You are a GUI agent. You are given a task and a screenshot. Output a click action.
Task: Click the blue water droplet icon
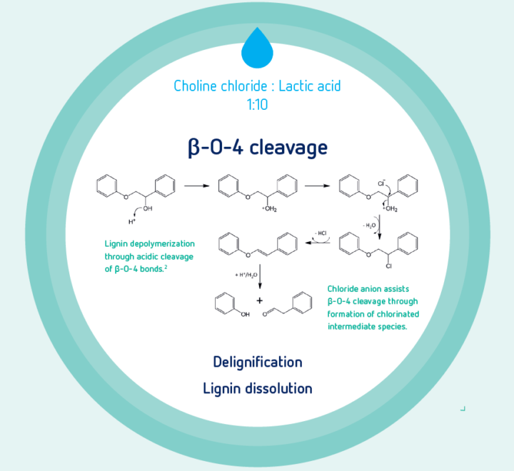pyautogui.click(x=257, y=49)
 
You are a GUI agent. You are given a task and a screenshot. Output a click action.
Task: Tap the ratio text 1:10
pyautogui.click(x=257, y=105)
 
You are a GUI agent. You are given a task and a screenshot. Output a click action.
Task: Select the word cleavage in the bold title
pyautogui.click(x=288, y=148)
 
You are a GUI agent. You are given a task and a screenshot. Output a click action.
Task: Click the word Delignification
pyautogui.click(x=258, y=363)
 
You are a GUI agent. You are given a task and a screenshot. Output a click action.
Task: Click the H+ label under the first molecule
pyautogui.click(x=132, y=222)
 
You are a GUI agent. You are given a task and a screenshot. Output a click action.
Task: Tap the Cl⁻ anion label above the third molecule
pyautogui.click(x=381, y=183)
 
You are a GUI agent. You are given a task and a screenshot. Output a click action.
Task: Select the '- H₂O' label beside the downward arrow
pyautogui.click(x=369, y=226)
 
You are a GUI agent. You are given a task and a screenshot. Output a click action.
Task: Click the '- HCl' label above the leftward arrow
pyautogui.click(x=321, y=233)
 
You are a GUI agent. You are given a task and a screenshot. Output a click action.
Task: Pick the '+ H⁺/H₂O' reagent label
pyautogui.click(x=246, y=275)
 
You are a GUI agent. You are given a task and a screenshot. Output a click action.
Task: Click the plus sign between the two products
pyautogui.click(x=260, y=300)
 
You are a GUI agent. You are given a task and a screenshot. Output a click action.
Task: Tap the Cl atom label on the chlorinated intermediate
pyautogui.click(x=388, y=265)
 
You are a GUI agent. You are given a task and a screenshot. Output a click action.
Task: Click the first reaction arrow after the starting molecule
pyautogui.click(x=197, y=186)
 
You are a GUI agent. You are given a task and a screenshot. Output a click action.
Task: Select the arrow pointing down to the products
pyautogui.click(x=260, y=276)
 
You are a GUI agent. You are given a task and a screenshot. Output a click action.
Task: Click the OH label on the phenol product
pyautogui.click(x=245, y=314)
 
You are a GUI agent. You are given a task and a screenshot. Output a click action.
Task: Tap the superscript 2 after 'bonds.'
pyautogui.click(x=166, y=267)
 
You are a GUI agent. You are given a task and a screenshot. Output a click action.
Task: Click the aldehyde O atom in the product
pyautogui.click(x=265, y=315)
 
